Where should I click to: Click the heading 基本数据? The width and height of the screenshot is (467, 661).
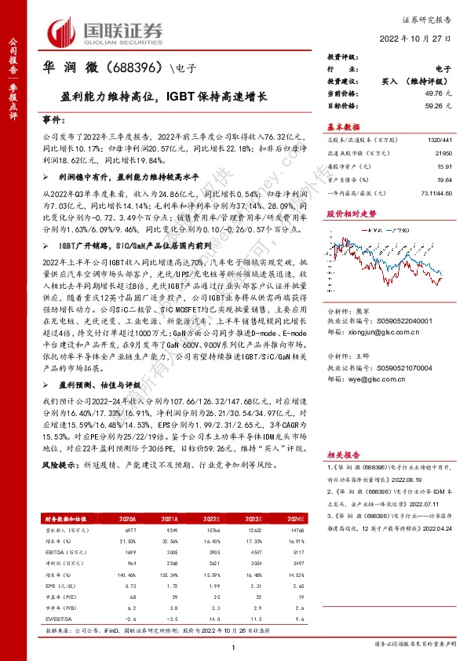click(342, 126)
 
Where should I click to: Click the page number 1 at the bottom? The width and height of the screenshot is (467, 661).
click(234, 647)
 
